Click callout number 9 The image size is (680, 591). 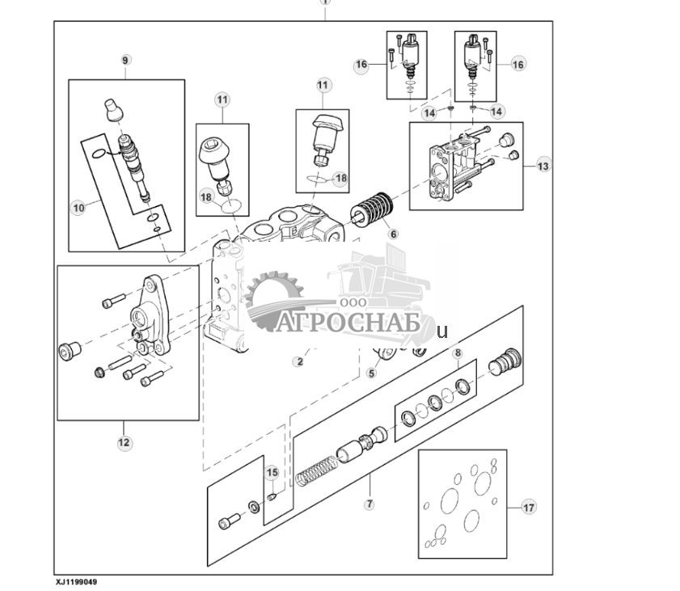pos(125,61)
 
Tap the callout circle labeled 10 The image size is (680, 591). pos(78,208)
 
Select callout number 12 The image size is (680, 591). pos(124,442)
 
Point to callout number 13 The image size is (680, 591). pos(542,167)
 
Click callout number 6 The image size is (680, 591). pos(394,234)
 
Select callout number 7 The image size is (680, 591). pos(370,504)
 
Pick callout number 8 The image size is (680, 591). pos(457,353)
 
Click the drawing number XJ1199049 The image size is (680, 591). pos(81,581)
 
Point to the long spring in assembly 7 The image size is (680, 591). pos(315,470)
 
